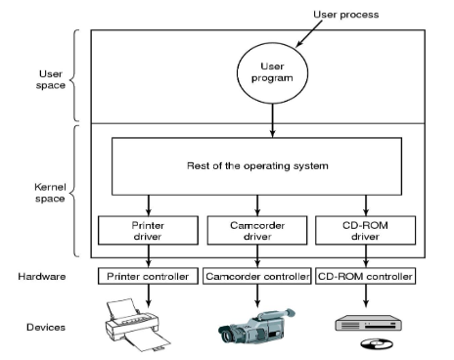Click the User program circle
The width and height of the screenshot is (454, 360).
(272, 72)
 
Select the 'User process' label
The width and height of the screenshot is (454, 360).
(346, 15)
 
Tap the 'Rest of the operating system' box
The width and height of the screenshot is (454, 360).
(257, 166)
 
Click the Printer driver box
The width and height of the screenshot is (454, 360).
(148, 230)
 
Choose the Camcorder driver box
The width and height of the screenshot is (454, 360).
(257, 230)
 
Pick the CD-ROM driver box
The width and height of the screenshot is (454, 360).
(366, 230)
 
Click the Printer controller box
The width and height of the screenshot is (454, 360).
(148, 276)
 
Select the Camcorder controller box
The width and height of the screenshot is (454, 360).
(257, 276)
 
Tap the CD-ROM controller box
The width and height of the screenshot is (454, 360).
(366, 276)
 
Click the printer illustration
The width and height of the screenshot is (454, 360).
(138, 325)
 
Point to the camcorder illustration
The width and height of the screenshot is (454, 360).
(256, 326)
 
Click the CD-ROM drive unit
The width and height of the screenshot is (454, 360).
(369, 323)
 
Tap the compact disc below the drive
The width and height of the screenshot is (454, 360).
(377, 343)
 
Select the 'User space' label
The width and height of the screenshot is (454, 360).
(51, 79)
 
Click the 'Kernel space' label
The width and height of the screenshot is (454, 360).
(50, 193)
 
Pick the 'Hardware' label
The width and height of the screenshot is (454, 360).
(42, 277)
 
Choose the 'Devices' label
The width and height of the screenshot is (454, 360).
(46, 327)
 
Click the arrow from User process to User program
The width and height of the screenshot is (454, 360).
(309, 34)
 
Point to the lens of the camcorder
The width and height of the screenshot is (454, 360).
(226, 336)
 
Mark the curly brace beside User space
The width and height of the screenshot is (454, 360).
(74, 75)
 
